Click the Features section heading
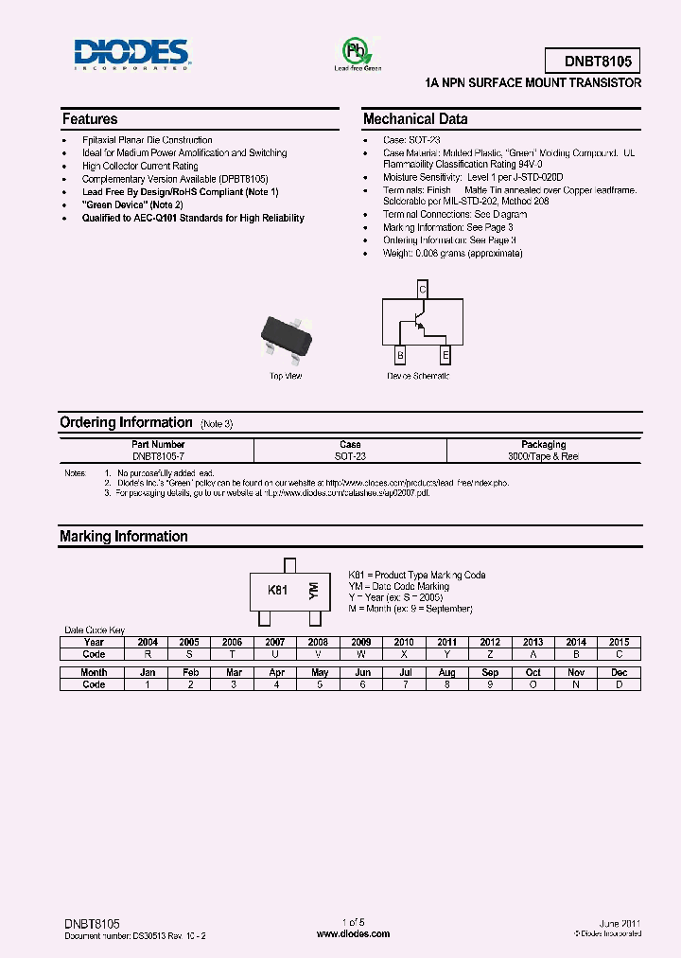(x=90, y=119)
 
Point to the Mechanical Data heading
(x=415, y=119)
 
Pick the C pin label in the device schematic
(x=423, y=290)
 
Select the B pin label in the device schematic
(x=400, y=355)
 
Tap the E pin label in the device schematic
(x=445, y=355)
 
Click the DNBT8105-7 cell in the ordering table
(x=158, y=456)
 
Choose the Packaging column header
(x=543, y=444)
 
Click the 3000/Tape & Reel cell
(x=543, y=456)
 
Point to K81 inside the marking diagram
(x=277, y=590)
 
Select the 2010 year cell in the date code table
(x=404, y=642)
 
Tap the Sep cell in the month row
(x=490, y=672)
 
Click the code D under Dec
(x=619, y=684)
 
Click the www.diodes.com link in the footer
(x=353, y=933)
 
